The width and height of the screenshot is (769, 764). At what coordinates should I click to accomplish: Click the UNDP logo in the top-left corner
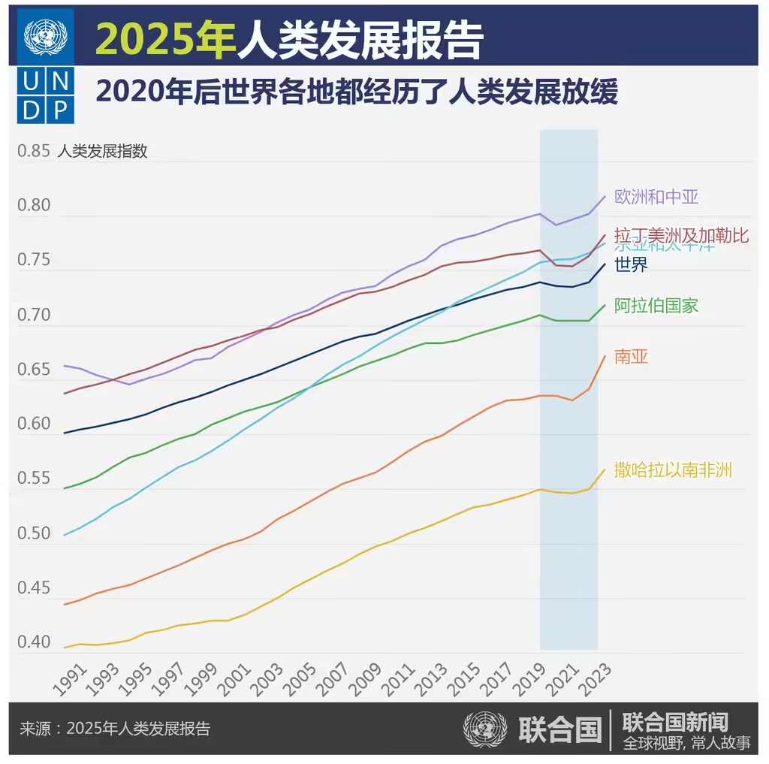tap(46, 66)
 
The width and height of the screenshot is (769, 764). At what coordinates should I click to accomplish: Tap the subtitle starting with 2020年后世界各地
tap(357, 92)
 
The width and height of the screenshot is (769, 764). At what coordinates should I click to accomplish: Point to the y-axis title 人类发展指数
tap(103, 151)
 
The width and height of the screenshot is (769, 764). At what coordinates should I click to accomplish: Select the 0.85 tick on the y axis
tap(33, 151)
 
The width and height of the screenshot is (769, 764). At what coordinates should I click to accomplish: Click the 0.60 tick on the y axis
tap(33, 424)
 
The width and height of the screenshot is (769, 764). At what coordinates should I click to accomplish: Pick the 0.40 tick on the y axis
tap(33, 642)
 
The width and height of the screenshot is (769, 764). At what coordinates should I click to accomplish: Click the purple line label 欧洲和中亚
tap(656, 198)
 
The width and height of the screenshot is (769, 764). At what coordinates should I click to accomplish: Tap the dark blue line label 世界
tap(631, 265)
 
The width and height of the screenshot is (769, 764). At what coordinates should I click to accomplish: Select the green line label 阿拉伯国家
tap(656, 306)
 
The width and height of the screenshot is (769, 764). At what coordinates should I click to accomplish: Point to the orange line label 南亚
tap(631, 357)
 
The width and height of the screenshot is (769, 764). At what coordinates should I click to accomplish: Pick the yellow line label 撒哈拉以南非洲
tap(673, 470)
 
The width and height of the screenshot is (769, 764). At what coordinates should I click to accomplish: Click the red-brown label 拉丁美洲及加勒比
tap(681, 235)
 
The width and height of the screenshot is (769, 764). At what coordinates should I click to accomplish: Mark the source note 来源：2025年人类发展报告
tap(115, 728)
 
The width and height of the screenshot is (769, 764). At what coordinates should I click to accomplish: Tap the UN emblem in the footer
tap(485, 728)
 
